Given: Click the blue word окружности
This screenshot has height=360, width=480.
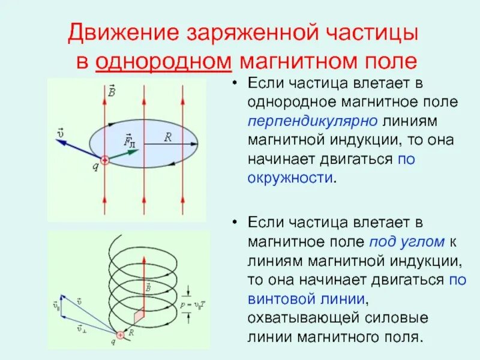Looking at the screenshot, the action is click(x=290, y=178).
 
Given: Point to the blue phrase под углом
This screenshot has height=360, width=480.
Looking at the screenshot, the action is click(x=407, y=242).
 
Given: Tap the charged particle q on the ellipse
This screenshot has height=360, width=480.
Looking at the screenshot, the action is click(x=104, y=160).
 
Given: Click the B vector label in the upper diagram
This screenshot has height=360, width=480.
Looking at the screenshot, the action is click(x=112, y=91).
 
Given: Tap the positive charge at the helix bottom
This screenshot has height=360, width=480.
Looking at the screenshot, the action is click(x=121, y=335).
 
